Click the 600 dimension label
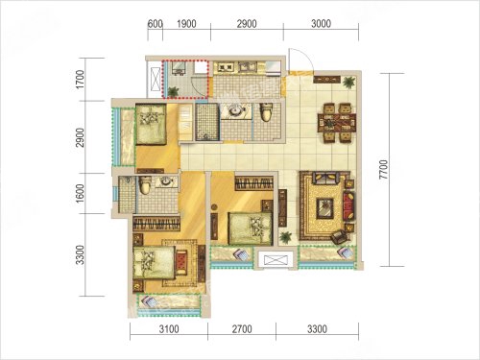156,24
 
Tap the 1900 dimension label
186,24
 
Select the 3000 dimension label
321,24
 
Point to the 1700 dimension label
80,80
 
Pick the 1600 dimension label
80,193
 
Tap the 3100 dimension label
169,329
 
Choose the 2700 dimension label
242,329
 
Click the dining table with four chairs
337,122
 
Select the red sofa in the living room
349,205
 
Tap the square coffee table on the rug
325,208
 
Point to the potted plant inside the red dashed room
173,92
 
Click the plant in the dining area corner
348,83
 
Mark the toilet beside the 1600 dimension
145,186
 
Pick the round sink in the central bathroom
235,111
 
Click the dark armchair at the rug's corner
339,237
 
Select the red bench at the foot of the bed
181,261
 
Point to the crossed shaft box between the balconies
276,258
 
